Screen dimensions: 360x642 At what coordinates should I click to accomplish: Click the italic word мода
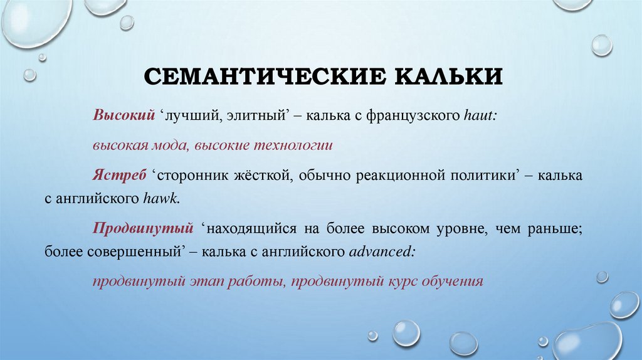tap(167, 146)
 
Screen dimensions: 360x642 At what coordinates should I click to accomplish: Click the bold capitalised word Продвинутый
tap(142, 228)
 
